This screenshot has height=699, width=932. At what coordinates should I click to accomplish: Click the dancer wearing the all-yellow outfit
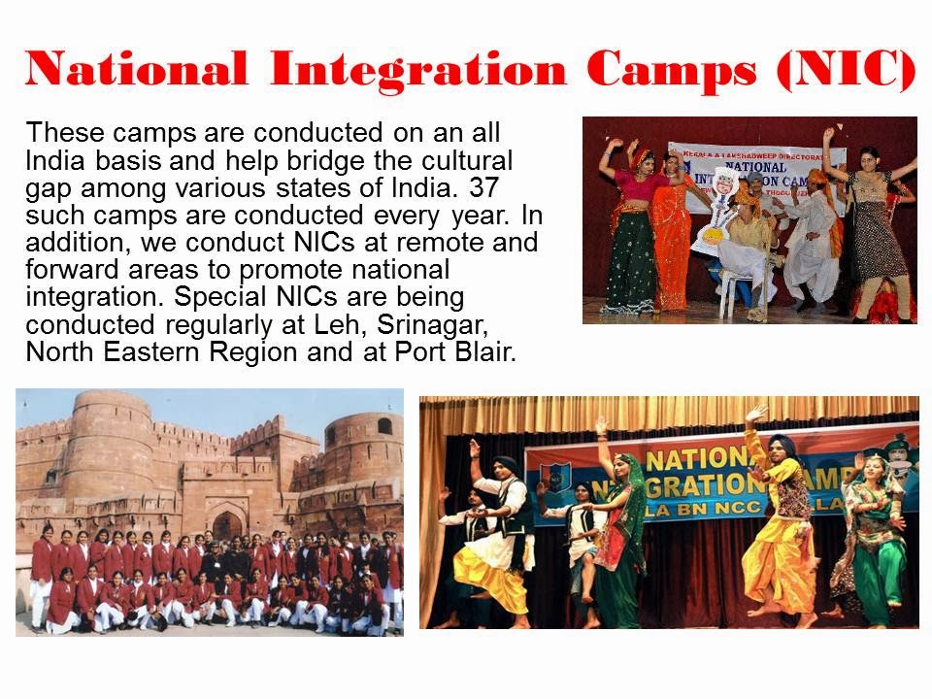click(778, 524)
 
